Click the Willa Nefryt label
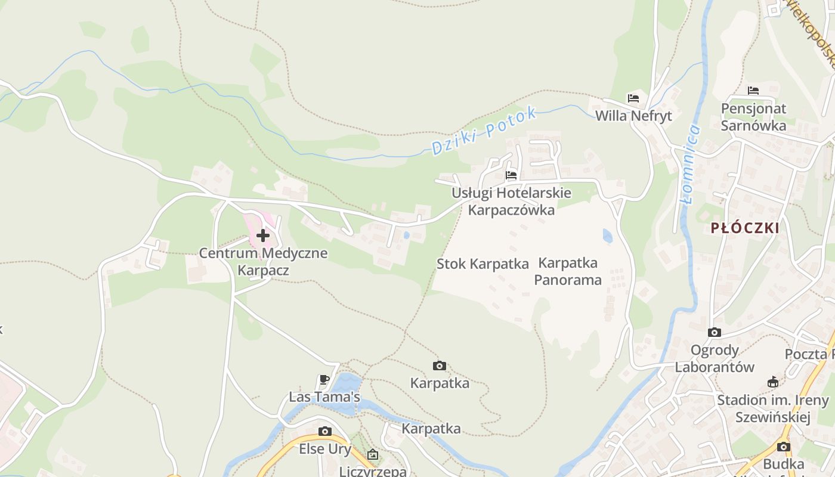coord(633,116)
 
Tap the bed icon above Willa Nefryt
coord(633,98)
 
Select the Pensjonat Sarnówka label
coord(753,117)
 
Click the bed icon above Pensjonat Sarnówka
coord(753,91)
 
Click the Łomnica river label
coord(692,164)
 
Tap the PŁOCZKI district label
coord(745,228)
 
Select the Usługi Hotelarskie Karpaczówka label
coord(511,202)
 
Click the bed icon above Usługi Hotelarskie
coord(511,175)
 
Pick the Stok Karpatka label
coord(483,264)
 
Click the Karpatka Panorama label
coord(568,271)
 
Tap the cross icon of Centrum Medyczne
coord(263,236)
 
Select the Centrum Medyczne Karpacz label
coord(263,261)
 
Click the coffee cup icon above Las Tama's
coord(324,380)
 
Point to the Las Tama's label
coord(324,397)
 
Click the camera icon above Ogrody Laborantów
coord(714,333)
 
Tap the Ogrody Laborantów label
coord(715,358)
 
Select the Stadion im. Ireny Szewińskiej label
coord(773,408)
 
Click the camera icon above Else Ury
coord(324,432)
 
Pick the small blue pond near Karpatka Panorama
coord(607,236)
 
